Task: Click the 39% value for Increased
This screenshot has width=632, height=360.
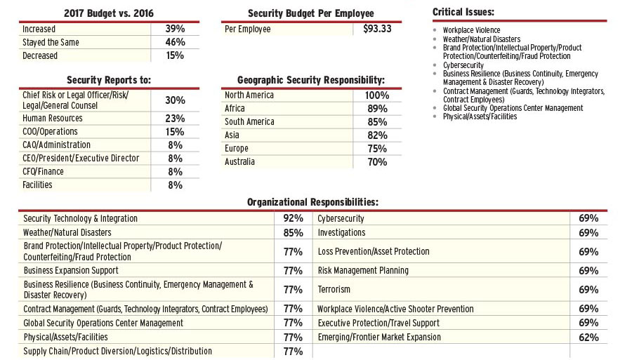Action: point(175,29)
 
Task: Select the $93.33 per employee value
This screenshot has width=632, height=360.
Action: point(378,29)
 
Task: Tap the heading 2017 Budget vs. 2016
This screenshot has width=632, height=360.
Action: point(109,13)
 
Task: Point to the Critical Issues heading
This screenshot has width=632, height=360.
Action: point(463,12)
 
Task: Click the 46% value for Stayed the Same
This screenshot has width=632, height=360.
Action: point(175,43)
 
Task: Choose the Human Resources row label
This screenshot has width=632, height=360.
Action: point(53,119)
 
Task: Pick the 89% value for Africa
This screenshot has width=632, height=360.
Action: point(377,109)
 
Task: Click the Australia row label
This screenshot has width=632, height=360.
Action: point(239,162)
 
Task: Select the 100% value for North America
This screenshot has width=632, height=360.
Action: point(377,95)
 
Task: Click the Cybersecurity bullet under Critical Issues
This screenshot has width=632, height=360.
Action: point(463,65)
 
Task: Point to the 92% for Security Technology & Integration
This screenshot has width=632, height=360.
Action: point(293,219)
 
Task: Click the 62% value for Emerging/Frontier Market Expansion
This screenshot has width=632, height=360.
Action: point(588,338)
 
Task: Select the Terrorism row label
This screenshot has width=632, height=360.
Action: point(334,290)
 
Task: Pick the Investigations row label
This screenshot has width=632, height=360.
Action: point(341,233)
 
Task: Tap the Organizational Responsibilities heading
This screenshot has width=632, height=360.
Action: point(312,202)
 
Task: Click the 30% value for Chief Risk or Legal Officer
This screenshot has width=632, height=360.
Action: point(175,100)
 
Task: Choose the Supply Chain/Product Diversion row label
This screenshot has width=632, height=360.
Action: point(118,352)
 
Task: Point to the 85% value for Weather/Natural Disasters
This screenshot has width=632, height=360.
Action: point(293,233)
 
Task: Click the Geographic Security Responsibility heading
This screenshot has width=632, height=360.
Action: point(311,81)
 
